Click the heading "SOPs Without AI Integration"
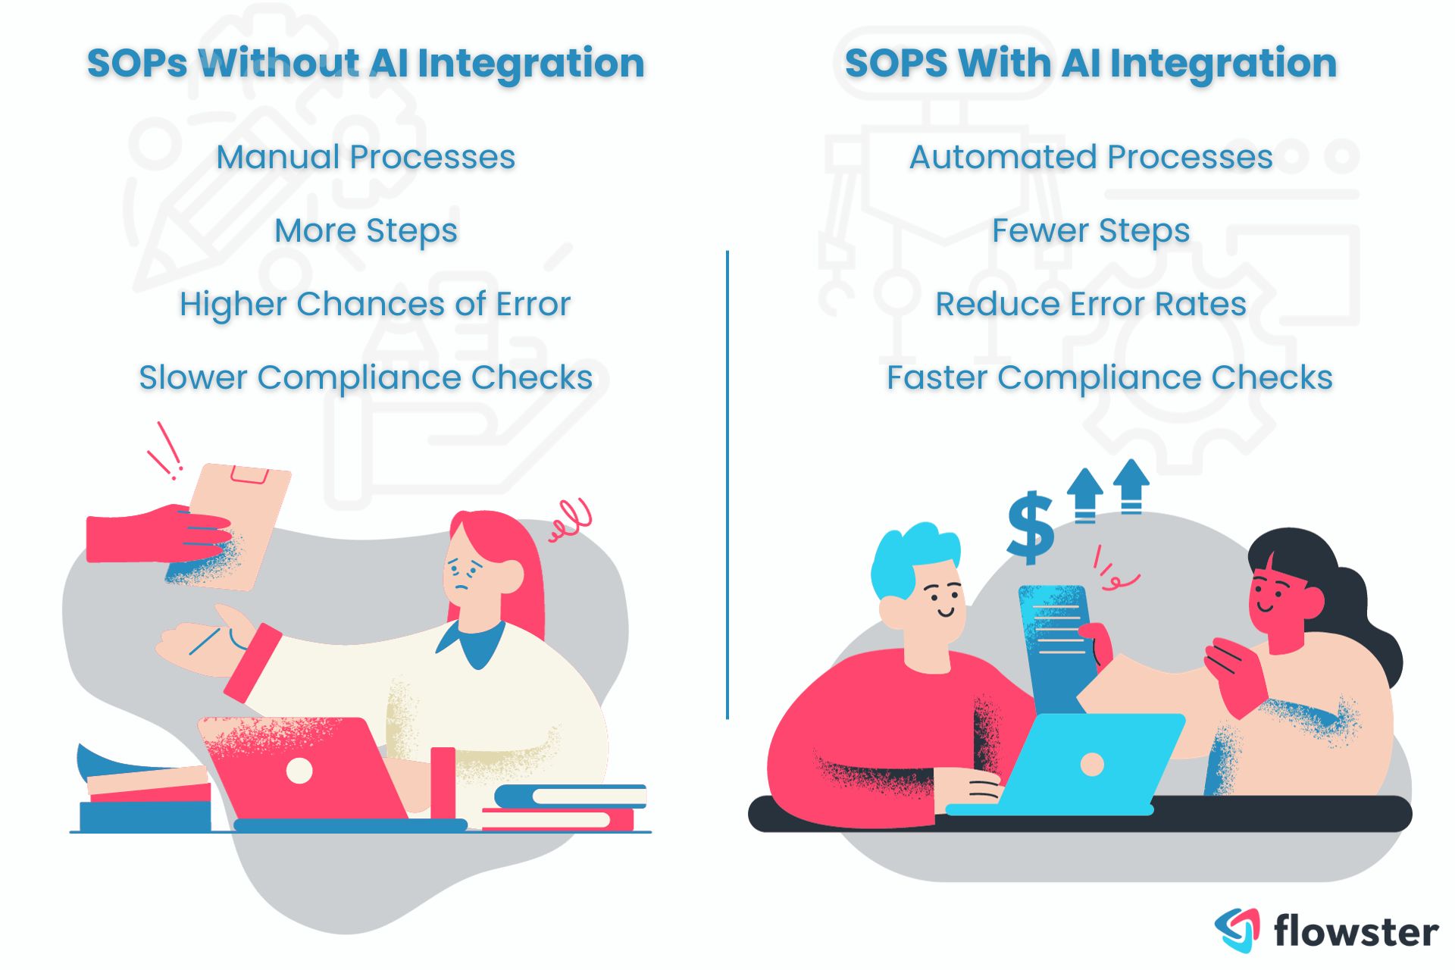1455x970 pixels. [365, 63]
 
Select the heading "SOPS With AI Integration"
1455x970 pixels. [1090, 63]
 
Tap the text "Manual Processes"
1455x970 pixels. [365, 158]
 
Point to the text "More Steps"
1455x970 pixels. [365, 231]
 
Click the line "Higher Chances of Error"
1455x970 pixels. [374, 305]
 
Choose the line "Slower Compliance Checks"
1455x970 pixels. [365, 378]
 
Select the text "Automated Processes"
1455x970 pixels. [1090, 158]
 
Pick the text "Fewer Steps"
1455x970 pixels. [1090, 231]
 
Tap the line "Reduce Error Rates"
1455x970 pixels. [1090, 305]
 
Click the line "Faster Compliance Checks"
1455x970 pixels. [1109, 378]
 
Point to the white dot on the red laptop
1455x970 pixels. [299, 771]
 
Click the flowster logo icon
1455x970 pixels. [1237, 929]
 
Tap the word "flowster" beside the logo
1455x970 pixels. [1356, 931]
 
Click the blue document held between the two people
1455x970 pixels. [1053, 644]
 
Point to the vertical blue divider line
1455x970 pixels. [727, 485]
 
